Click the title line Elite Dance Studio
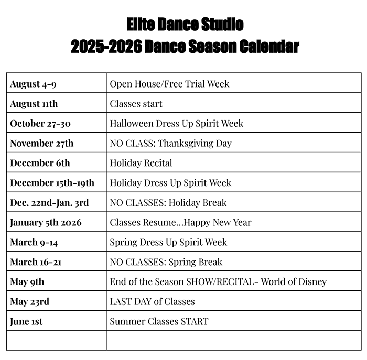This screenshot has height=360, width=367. [185, 24]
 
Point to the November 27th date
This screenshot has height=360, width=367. [41, 143]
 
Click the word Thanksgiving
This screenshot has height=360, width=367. [186, 143]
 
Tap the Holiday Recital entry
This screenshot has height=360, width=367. [141, 163]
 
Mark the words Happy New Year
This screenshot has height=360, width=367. [218, 223]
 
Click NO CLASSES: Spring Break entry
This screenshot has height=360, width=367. [166, 262]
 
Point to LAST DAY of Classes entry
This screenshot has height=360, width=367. [153, 301]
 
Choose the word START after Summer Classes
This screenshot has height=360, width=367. [195, 321]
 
